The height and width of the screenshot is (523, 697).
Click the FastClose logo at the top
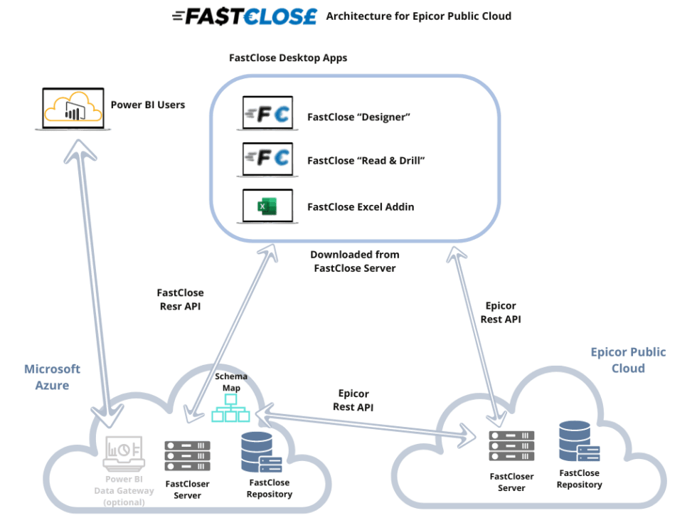[245, 16]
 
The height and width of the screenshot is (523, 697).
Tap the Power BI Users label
[148, 105]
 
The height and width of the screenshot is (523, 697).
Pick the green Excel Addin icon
[267, 206]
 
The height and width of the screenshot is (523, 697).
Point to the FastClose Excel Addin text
[360, 207]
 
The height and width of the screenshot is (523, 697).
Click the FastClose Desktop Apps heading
[288, 58]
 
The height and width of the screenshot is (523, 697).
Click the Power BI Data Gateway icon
[124, 453]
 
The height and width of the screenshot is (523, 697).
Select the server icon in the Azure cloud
[187, 455]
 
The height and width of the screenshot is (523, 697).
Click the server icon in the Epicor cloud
[512, 445]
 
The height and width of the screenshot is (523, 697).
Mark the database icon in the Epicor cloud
[578, 440]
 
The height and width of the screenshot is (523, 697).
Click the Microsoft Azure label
[52, 377]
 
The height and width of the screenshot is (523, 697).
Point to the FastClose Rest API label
[180, 299]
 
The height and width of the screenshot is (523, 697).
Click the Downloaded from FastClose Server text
[355, 261]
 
